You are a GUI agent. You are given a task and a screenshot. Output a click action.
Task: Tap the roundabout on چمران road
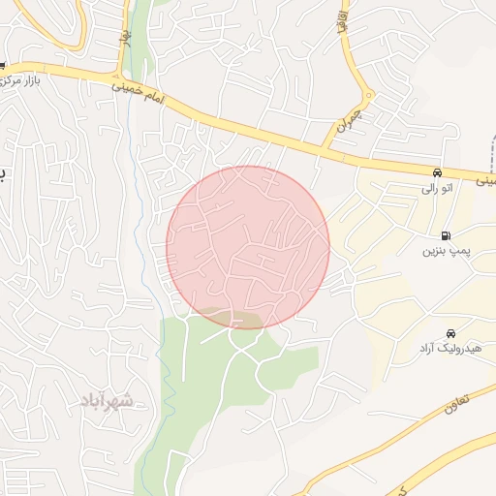tap(367, 95)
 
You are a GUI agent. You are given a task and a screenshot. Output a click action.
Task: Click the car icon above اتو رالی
tap(438, 172)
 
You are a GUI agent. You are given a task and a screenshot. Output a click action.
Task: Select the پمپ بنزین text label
tap(444, 251)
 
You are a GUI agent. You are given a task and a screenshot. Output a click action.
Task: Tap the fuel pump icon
tap(445, 235)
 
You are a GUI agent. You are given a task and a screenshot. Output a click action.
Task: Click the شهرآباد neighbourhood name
tap(107, 400)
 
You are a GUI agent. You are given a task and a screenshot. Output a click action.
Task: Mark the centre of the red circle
tap(248, 247)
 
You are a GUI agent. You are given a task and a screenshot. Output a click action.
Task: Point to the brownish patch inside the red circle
tap(231, 318)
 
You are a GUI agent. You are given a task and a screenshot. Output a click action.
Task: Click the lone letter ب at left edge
tap(3, 174)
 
